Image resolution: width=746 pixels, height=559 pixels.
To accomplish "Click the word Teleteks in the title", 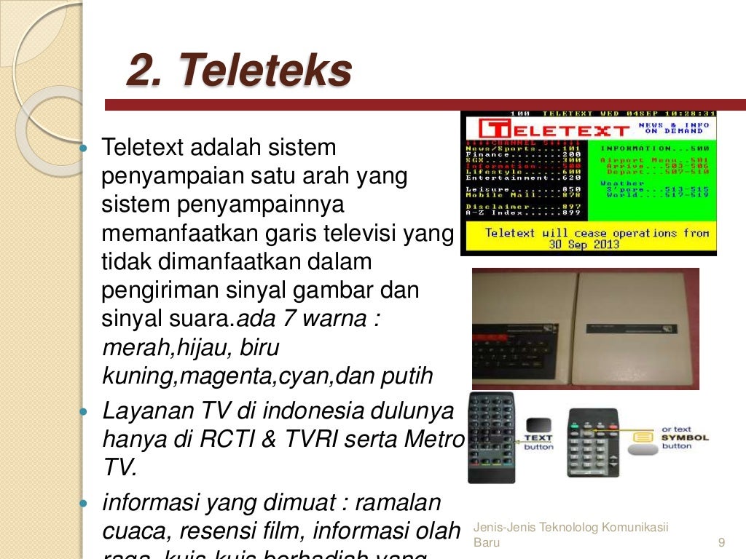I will point(265,71).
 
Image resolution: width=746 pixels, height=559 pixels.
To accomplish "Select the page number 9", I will point(721,542).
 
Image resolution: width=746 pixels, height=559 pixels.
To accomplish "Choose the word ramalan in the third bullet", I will point(403,503).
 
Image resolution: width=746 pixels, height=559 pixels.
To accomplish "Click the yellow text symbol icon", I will point(643,437).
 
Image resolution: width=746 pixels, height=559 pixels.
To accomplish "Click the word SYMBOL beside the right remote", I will point(686,437).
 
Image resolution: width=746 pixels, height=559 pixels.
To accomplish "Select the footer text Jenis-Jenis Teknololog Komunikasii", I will point(570,528).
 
